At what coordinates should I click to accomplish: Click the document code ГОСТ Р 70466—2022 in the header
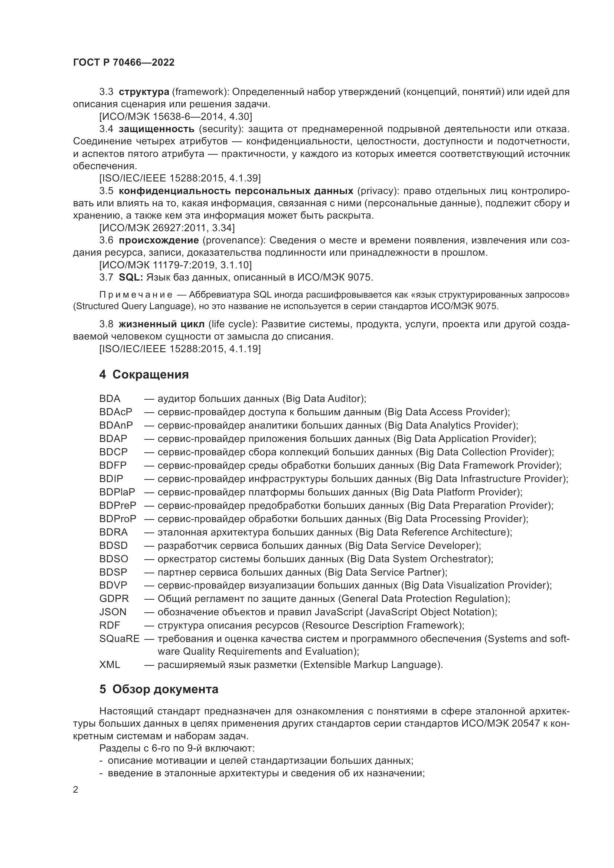pos(124,63)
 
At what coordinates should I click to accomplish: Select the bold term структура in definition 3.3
pos(144,92)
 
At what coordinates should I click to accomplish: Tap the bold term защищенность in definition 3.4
pos(156,129)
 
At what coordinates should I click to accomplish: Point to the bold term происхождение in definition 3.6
pos(159,240)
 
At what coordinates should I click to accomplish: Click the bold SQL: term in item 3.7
pos(130,277)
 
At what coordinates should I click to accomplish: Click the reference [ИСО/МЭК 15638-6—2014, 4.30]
pos(176,117)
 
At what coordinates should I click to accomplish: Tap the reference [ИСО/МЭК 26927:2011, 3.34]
pos(167,227)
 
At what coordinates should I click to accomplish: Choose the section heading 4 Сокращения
pos(144,374)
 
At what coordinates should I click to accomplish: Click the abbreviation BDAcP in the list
pos(116,412)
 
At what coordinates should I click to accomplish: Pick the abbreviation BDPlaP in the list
pos(117,492)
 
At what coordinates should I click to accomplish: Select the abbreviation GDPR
pos(114,599)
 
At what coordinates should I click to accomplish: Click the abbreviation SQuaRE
pos(119,639)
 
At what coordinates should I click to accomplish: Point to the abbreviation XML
pos(110,665)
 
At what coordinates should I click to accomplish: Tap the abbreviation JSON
pos(113,612)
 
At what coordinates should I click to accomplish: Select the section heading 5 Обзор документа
pos(159,689)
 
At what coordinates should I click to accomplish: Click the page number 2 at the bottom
pos(76,790)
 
